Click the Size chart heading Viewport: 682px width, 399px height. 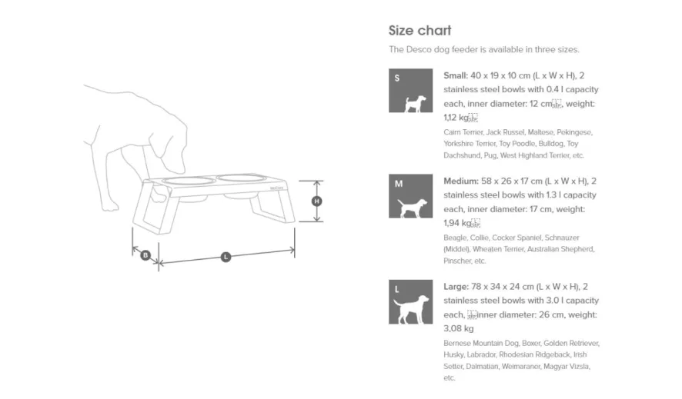click(x=420, y=31)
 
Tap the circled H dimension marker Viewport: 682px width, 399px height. click(x=316, y=201)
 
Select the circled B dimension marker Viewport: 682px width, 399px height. click(x=145, y=254)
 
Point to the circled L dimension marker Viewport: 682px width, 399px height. click(x=226, y=257)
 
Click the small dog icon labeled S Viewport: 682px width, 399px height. click(x=410, y=91)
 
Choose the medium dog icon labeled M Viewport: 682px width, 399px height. click(x=410, y=197)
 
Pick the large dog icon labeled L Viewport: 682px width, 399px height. click(x=410, y=302)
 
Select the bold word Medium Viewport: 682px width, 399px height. click(x=461, y=181)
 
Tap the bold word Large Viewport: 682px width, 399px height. click(x=456, y=286)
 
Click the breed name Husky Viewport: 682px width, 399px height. click(x=453, y=354)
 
